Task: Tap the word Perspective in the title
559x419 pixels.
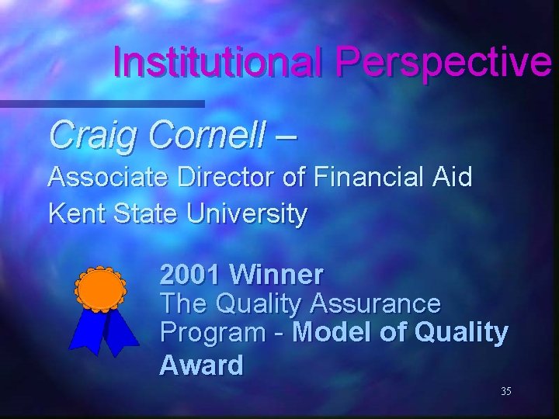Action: point(443,62)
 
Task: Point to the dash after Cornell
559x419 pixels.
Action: point(285,137)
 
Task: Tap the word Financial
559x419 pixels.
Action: point(368,178)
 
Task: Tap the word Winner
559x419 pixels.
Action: point(277,274)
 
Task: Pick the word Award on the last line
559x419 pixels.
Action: point(201,365)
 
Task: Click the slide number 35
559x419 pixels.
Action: point(505,392)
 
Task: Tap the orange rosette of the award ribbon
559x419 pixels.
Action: point(100,288)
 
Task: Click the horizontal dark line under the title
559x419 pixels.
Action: point(102,102)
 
